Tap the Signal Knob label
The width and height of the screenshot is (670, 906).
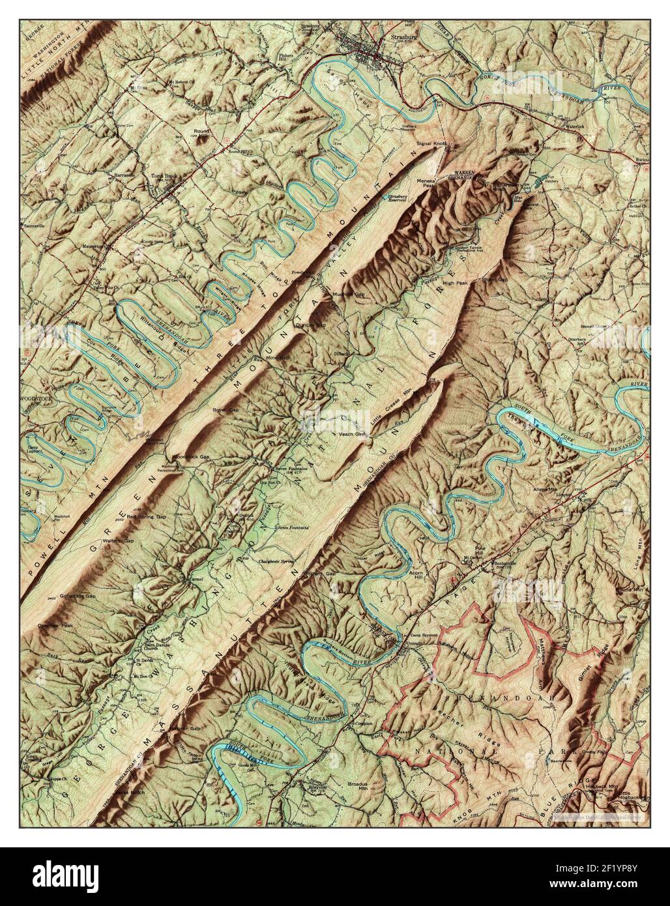(430, 142)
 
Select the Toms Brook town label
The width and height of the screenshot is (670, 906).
(164, 184)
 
